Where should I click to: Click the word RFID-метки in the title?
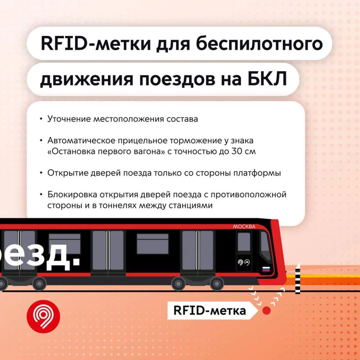tap(96, 44)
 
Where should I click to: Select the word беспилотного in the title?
tap(259, 44)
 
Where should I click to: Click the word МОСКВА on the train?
tap(244, 227)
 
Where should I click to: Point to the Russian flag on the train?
tap(266, 269)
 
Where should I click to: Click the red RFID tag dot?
tap(266, 310)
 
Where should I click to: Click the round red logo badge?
tap(43, 316)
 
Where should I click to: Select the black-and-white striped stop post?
tap(297, 279)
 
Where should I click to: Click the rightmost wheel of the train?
tap(217, 283)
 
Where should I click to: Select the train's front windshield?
tap(265, 246)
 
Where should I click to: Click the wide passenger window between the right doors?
tap(153, 244)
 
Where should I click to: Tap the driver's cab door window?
tap(244, 242)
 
